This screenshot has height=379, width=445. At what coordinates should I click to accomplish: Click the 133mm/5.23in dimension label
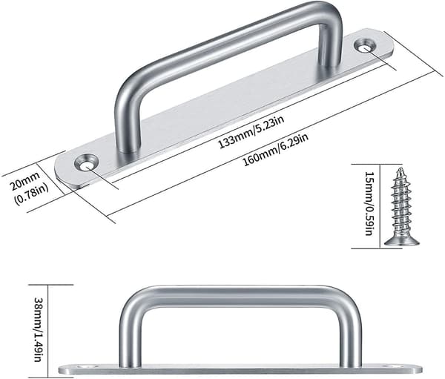click(251, 132)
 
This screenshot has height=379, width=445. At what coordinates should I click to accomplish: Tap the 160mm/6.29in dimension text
click(276, 150)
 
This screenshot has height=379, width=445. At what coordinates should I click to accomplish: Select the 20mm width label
click(25, 180)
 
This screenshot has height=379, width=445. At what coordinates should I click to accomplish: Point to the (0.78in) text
click(31, 194)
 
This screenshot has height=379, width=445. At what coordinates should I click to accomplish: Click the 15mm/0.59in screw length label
click(369, 203)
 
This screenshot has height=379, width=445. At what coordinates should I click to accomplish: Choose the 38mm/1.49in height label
click(39, 329)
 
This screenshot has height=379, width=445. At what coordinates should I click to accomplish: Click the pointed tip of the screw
click(400, 168)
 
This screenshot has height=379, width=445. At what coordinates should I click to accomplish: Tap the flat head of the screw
click(402, 241)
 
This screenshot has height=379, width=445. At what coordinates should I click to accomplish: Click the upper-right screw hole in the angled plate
click(365, 46)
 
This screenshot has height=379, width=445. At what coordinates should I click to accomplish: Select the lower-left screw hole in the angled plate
click(86, 163)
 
